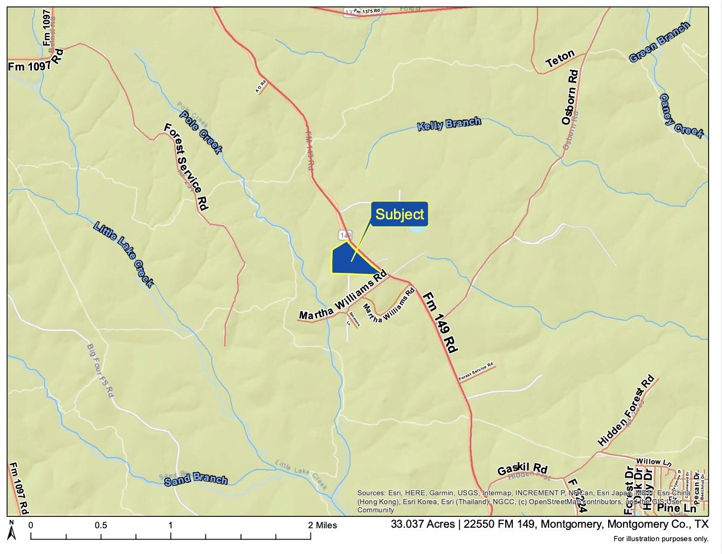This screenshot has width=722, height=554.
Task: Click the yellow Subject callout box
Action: tap(400, 214)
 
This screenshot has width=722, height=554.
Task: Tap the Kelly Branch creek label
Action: tap(449, 124)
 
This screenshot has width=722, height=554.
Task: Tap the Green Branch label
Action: tap(659, 43)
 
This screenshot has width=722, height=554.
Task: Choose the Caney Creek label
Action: tap(681, 116)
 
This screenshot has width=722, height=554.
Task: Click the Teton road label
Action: tap(560, 60)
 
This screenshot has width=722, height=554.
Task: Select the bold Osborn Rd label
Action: tap(571, 97)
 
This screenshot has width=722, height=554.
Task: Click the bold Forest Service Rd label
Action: tap(186, 166)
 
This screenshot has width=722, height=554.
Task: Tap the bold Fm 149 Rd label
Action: tap(440, 322)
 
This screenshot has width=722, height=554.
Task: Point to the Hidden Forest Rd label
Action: tap(626, 411)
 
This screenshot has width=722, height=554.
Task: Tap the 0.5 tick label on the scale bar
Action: tap(101, 526)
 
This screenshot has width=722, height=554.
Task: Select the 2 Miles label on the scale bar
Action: tap(323, 526)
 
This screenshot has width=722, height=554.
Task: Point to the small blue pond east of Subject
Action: tap(418, 230)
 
